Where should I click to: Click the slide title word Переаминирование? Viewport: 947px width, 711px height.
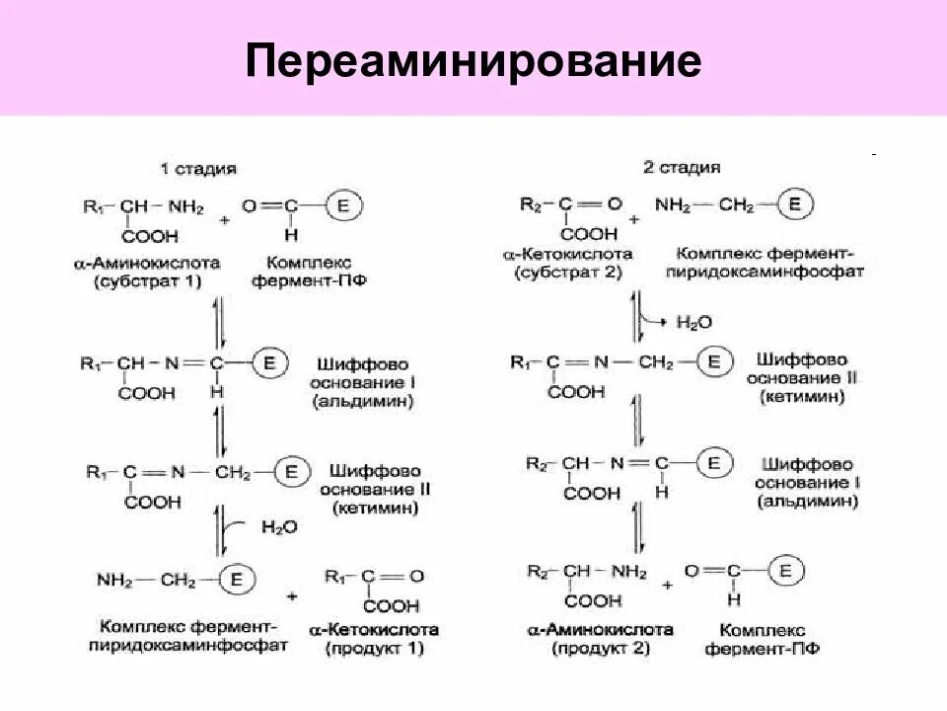473,60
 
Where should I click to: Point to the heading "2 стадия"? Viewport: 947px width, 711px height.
682,168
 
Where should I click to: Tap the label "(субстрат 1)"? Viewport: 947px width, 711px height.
148,281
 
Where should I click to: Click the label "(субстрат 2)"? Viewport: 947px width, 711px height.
568,271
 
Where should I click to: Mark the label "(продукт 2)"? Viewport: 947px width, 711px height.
602,648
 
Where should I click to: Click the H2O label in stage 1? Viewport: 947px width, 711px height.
279,527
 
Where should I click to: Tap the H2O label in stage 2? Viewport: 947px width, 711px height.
694,322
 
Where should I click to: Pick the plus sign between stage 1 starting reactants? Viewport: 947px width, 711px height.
225,219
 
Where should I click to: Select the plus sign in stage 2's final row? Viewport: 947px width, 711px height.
668,585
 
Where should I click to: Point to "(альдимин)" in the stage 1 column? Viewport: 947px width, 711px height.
362,402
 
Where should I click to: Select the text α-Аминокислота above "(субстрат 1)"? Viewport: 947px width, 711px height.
147,264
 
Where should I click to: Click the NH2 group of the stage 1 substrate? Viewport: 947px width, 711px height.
184,207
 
